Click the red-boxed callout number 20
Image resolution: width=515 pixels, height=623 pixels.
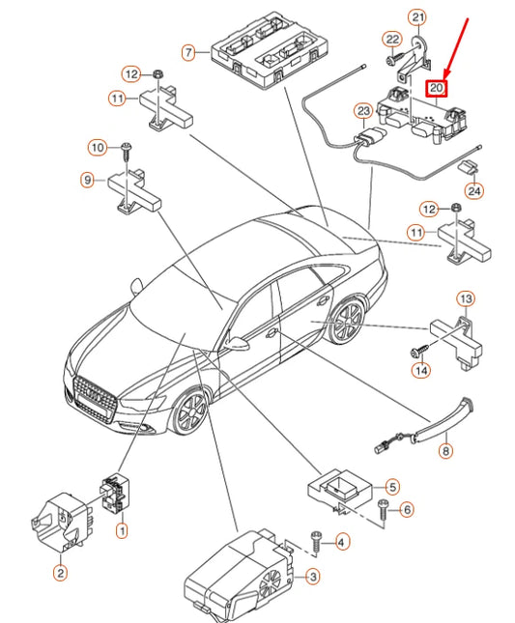point(437,88)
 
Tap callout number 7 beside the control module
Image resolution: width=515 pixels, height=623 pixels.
point(188,52)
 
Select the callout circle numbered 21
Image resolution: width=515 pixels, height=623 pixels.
point(417,17)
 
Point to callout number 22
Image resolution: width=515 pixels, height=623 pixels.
point(392,40)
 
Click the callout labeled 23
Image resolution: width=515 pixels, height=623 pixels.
point(363,111)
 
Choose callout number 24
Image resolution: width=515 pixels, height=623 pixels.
point(474,191)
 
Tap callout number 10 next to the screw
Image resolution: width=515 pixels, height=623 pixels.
point(98,148)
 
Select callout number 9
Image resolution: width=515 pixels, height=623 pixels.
point(87,180)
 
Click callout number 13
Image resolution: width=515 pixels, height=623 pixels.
point(466,298)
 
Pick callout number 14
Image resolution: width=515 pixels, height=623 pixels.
point(421,370)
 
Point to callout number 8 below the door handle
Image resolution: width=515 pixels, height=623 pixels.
point(445,451)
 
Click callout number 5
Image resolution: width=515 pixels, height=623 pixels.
point(392,487)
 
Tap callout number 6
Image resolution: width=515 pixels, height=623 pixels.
point(407,509)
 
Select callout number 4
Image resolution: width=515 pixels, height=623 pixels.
point(342,542)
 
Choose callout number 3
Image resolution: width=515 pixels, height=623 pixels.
point(313,577)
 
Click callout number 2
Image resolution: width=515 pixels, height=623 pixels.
point(61,573)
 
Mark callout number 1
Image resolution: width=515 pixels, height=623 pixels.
point(122,530)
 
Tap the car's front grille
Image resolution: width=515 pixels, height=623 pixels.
point(95,399)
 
